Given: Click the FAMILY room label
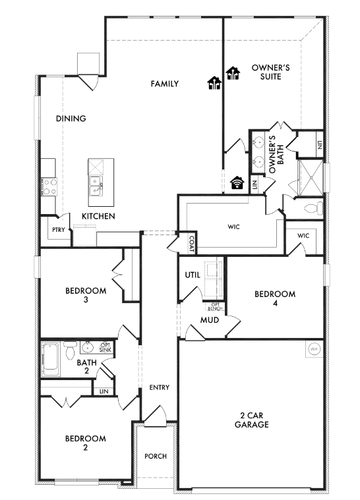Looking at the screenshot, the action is (x=165, y=84).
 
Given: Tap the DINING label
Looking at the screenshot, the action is (x=71, y=119).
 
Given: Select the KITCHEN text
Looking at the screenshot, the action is (x=98, y=216).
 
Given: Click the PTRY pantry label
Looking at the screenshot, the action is (x=59, y=230).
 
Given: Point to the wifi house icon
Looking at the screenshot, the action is (x=237, y=182).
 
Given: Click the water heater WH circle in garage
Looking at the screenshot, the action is (x=314, y=349).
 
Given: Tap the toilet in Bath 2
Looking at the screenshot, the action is (x=70, y=350).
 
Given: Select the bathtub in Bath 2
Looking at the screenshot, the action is (x=50, y=359).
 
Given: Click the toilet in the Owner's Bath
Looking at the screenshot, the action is (x=313, y=209).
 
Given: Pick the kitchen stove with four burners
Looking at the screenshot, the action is (x=50, y=186).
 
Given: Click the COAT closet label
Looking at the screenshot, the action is (x=191, y=244).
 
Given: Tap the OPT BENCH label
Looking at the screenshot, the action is (x=216, y=307).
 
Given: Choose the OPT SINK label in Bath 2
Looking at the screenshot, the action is (x=105, y=348).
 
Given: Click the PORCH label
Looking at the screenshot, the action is (x=156, y=457).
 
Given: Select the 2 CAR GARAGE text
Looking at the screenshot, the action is (x=252, y=420).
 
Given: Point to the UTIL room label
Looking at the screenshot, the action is (x=193, y=275).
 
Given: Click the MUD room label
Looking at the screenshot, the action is (x=210, y=320).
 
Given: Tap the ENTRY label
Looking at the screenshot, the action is (x=160, y=387).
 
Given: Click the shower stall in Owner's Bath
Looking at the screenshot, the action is (x=310, y=178).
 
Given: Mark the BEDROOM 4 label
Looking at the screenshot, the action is (x=275, y=298).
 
